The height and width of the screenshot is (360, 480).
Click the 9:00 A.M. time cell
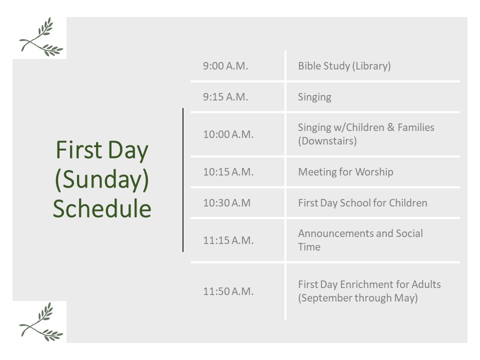(x=225, y=66)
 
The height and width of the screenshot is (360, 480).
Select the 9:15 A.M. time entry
(x=225, y=96)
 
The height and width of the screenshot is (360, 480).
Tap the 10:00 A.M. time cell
(x=228, y=134)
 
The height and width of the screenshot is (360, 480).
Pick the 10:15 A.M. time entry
(x=228, y=171)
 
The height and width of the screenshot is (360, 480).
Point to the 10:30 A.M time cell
(x=227, y=202)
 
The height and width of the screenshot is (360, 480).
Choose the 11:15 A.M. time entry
(x=228, y=240)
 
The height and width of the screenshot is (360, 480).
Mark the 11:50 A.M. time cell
(x=228, y=291)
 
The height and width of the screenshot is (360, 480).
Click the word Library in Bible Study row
(x=371, y=66)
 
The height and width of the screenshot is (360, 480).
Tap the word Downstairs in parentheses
(x=327, y=141)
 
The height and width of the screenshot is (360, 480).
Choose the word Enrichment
(x=366, y=284)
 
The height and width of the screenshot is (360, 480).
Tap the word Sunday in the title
(x=101, y=179)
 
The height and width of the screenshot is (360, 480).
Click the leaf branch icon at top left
(x=41, y=36)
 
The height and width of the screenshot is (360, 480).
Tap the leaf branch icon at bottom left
(x=41, y=321)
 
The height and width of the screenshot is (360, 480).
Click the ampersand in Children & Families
(x=391, y=127)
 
